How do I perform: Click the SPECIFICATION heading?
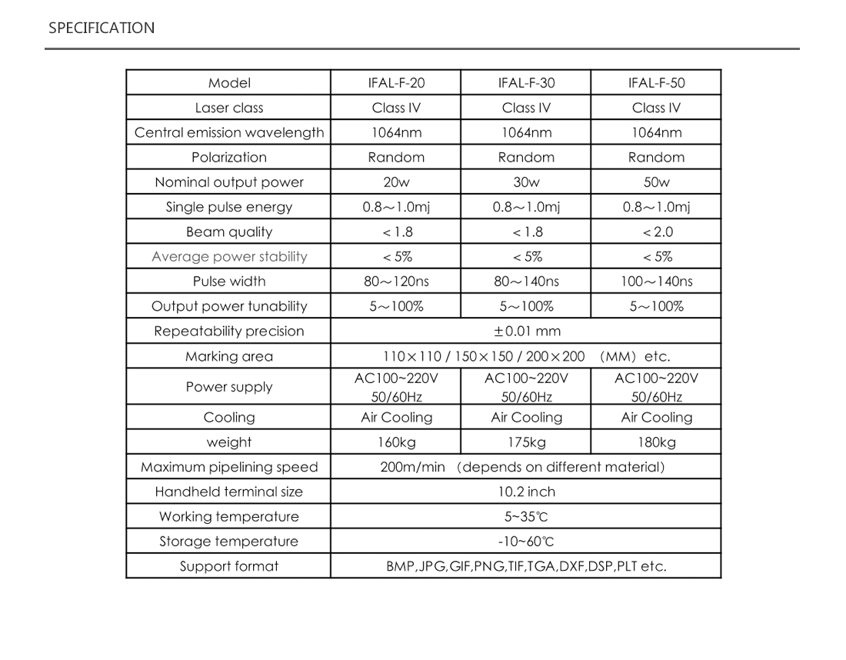tap(102, 28)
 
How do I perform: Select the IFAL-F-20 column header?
tap(396, 83)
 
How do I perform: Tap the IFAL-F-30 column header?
tap(526, 83)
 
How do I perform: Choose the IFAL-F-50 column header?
tap(656, 83)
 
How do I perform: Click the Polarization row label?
tap(229, 158)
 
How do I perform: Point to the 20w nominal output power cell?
tap(396, 182)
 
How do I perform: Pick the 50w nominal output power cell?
tap(656, 182)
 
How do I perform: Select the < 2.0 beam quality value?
tap(657, 232)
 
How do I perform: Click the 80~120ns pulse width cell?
tap(396, 282)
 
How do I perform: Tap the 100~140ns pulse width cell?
tap(656, 282)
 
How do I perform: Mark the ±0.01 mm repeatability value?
tap(526, 332)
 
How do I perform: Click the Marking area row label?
tap(229, 357)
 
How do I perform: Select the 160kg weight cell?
tap(396, 442)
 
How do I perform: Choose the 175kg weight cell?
tap(526, 442)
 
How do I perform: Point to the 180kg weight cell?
tap(656, 442)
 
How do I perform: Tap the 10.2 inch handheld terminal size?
tap(526, 492)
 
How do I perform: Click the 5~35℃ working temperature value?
tap(526, 517)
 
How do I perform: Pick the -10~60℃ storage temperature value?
tap(526, 542)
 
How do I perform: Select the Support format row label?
tap(229, 567)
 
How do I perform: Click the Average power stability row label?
tap(229, 257)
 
